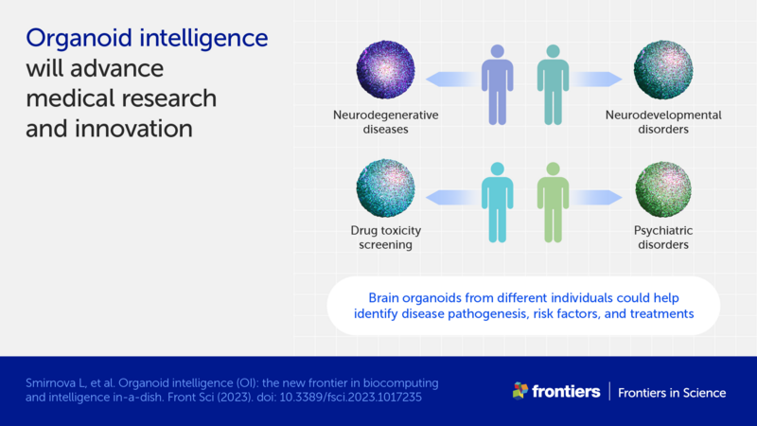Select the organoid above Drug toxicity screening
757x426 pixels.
click(x=385, y=189)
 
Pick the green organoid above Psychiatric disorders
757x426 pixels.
click(x=662, y=189)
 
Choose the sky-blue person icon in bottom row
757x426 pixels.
click(x=496, y=199)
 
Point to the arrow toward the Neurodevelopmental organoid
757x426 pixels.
click(x=600, y=80)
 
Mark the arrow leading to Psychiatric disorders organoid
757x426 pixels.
click(x=600, y=195)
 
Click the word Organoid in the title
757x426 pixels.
click(x=77, y=40)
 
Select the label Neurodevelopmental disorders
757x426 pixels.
click(x=662, y=122)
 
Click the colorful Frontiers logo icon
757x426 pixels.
click(x=520, y=391)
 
